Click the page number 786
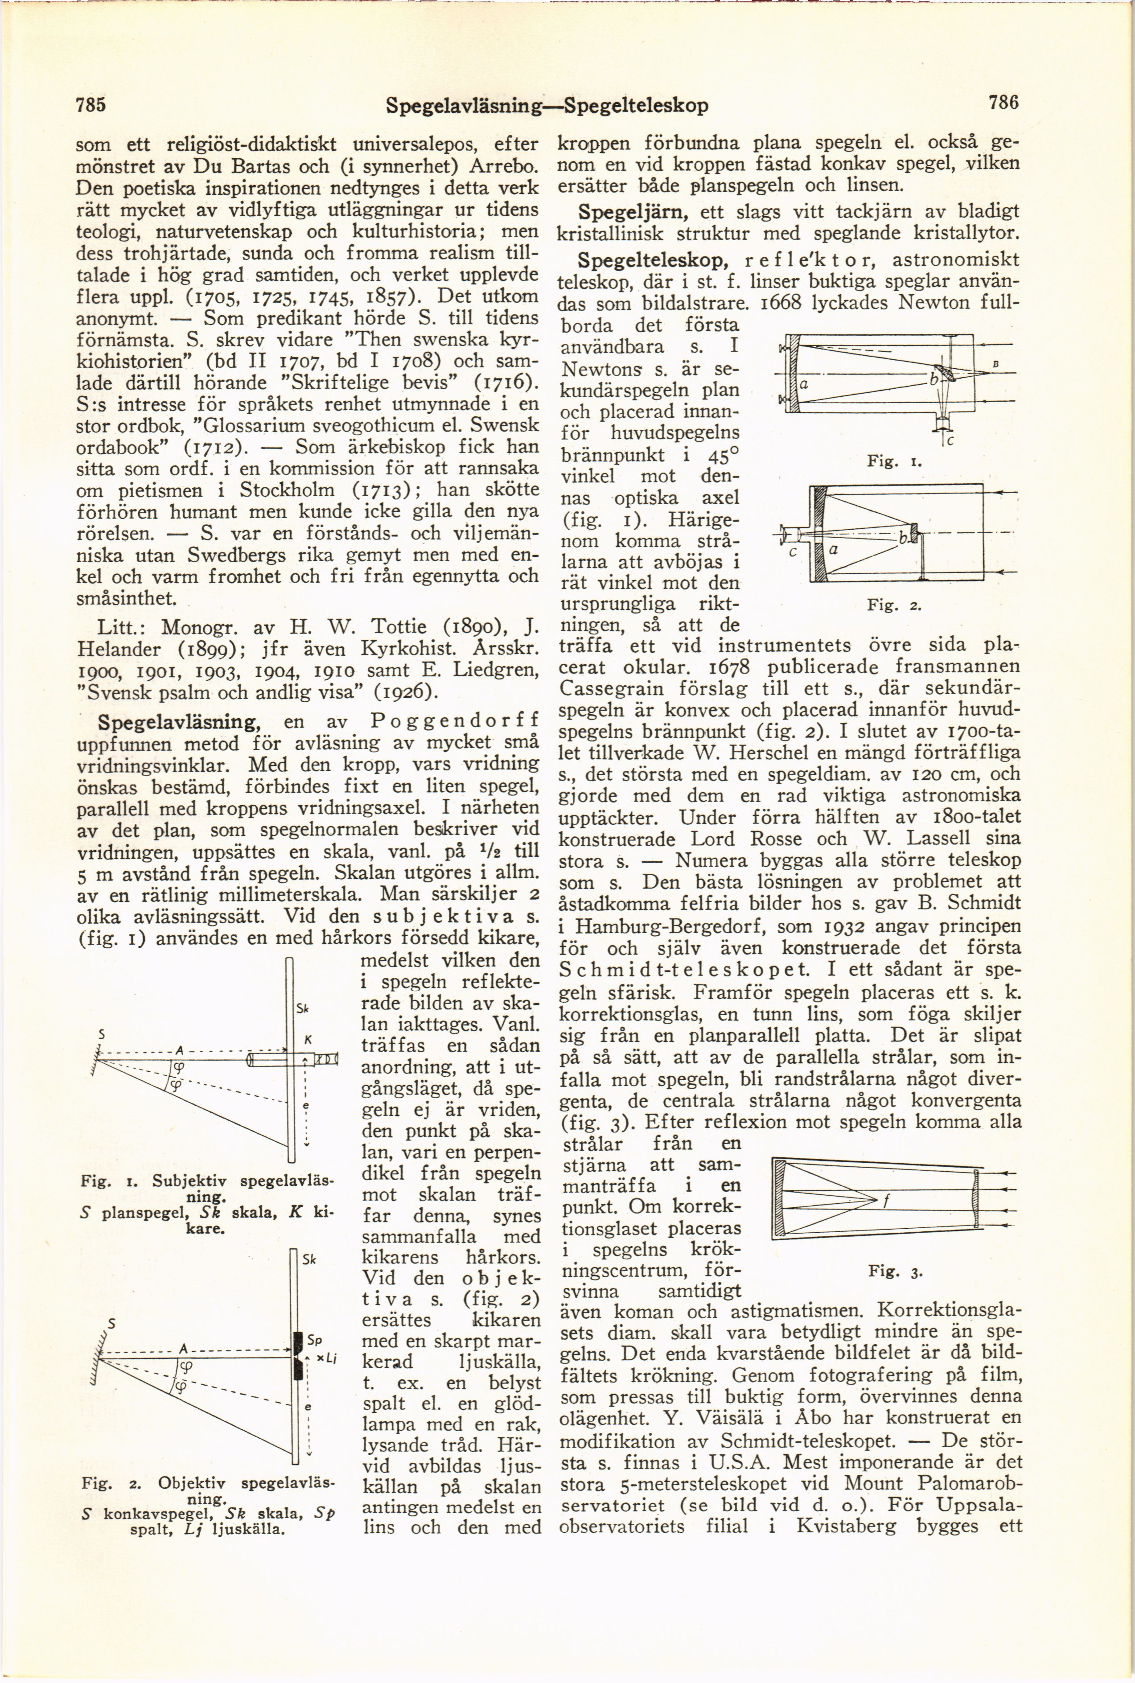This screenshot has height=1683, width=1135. [x=1005, y=104]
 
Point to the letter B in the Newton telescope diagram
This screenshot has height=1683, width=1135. [x=996, y=365]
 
